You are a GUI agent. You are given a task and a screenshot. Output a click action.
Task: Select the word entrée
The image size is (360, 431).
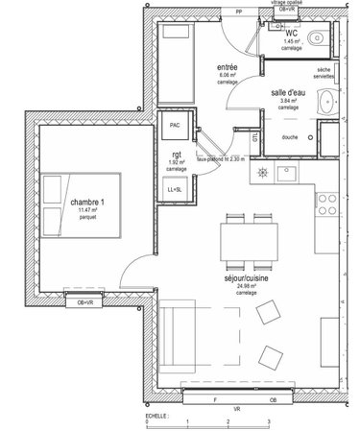point(228,66)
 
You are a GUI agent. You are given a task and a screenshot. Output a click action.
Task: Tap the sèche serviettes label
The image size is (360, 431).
point(324,73)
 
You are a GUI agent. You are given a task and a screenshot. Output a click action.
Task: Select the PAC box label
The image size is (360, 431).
point(175,124)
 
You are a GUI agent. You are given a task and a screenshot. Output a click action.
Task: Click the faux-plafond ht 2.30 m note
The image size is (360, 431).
point(220,158)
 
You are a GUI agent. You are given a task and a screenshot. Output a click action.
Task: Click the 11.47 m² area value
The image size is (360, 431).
point(89,210)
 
